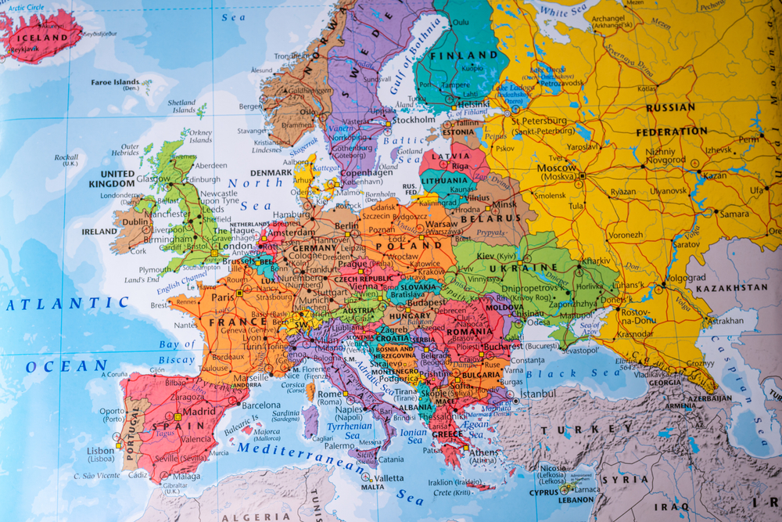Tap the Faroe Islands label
click(x=115, y=82)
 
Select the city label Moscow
click(x=557, y=167)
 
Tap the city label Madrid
click(x=199, y=412)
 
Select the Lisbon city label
click(x=101, y=452)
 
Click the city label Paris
click(x=223, y=297)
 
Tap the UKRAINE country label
click(x=534, y=268)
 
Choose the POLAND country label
click(x=409, y=245)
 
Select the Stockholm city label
click(x=414, y=121)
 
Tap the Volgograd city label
click(x=685, y=278)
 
